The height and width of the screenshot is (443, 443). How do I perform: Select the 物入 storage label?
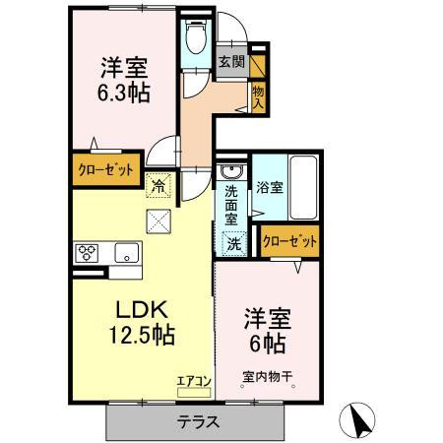pyautogui.click(x=258, y=96)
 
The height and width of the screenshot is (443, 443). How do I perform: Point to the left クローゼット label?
pyautogui.click(x=105, y=168)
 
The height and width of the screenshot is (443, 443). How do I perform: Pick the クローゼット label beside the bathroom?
pyautogui.click(x=291, y=240)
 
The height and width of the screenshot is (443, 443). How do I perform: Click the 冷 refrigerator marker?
pyautogui.click(x=158, y=182)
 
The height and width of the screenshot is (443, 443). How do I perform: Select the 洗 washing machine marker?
pyautogui.click(x=234, y=243)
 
